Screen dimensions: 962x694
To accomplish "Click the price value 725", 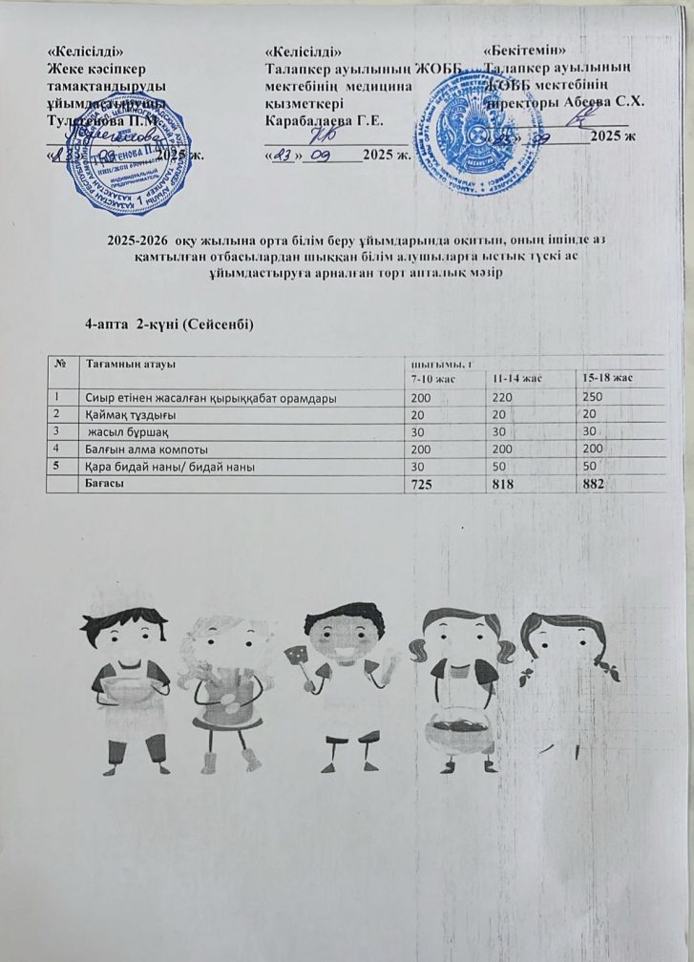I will pos(419,485).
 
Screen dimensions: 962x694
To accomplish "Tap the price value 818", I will pos(506,485).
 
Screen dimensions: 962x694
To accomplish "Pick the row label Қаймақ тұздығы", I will pos(121,414).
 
